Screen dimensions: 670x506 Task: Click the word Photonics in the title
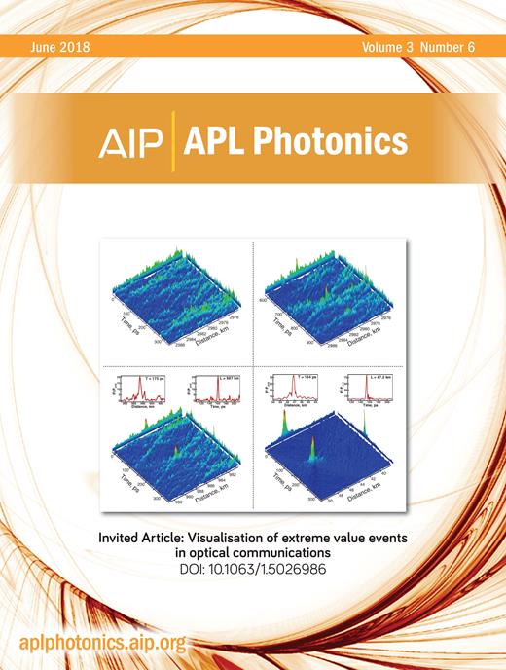(341, 143)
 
